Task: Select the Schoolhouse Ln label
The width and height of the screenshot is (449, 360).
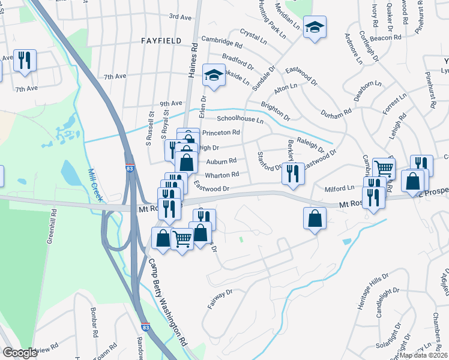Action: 240,119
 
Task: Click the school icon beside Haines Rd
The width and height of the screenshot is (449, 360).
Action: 212,74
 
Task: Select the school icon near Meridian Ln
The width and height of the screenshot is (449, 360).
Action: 314,27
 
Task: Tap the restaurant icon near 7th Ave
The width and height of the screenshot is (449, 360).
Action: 25,60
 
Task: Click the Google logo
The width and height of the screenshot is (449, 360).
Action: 20,353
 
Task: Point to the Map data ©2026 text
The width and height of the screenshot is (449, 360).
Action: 423,355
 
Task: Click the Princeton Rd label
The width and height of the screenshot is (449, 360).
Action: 221,133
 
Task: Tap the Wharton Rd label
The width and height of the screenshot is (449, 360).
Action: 222,175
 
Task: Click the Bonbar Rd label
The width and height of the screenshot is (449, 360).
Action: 94,324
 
